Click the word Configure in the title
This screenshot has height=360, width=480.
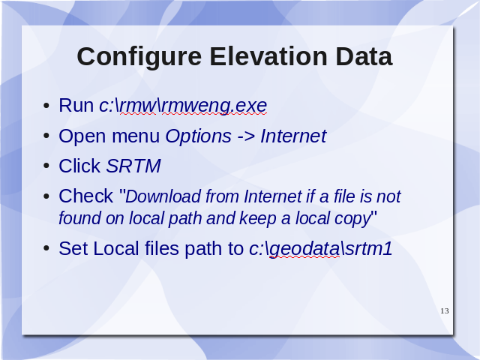139,57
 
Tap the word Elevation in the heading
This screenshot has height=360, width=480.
268,56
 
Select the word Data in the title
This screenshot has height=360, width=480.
364,56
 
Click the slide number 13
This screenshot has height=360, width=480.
445,311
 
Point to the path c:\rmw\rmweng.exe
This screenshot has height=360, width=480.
183,106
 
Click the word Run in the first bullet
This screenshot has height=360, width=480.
76,106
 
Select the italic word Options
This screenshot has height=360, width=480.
198,136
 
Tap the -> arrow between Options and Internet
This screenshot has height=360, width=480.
246,136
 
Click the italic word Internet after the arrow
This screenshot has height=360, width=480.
293,136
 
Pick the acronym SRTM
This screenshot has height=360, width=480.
133,166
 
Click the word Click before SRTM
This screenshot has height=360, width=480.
79,166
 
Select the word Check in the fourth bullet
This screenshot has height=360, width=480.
85,196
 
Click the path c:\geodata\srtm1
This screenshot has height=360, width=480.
320,249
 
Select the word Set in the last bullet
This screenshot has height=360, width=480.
73,248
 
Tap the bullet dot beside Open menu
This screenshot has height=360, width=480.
46,136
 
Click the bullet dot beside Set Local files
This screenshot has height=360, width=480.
46,248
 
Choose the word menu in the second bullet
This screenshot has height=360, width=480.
136,136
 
